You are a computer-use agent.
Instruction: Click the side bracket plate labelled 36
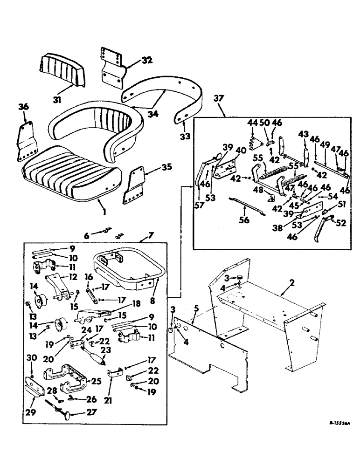[x=26, y=141]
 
